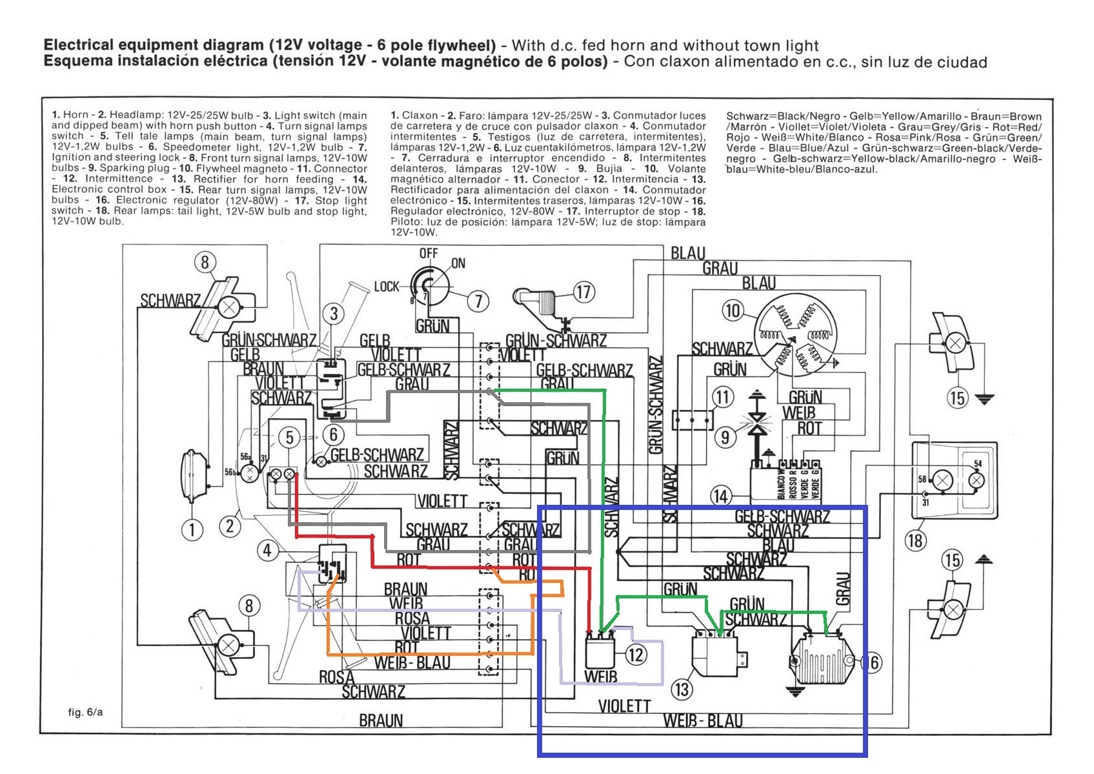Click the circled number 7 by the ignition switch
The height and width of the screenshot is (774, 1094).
pos(478,301)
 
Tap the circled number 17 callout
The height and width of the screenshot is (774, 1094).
pos(583,292)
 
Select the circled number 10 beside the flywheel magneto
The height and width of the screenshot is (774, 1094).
pos(733,311)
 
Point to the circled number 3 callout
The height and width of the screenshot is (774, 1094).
pos(334,314)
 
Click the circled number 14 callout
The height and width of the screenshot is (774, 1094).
pos(720,496)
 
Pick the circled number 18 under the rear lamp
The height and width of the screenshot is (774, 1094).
pos(915,540)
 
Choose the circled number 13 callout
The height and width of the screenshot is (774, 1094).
pos(682,689)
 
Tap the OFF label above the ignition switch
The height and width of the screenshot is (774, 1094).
pos(429,253)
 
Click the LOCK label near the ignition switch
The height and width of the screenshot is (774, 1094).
pos(387,286)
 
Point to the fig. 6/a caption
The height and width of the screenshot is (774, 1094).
pos(85,712)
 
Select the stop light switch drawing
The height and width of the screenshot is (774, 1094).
pos(536,298)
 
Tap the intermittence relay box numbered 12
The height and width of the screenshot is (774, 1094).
pos(599,653)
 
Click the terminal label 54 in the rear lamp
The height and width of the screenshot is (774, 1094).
pos(977,463)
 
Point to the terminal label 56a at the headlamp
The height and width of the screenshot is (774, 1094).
pos(245,456)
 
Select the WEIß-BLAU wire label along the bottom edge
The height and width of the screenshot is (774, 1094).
pos(703,720)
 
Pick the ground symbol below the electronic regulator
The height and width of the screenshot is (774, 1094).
pos(795,691)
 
